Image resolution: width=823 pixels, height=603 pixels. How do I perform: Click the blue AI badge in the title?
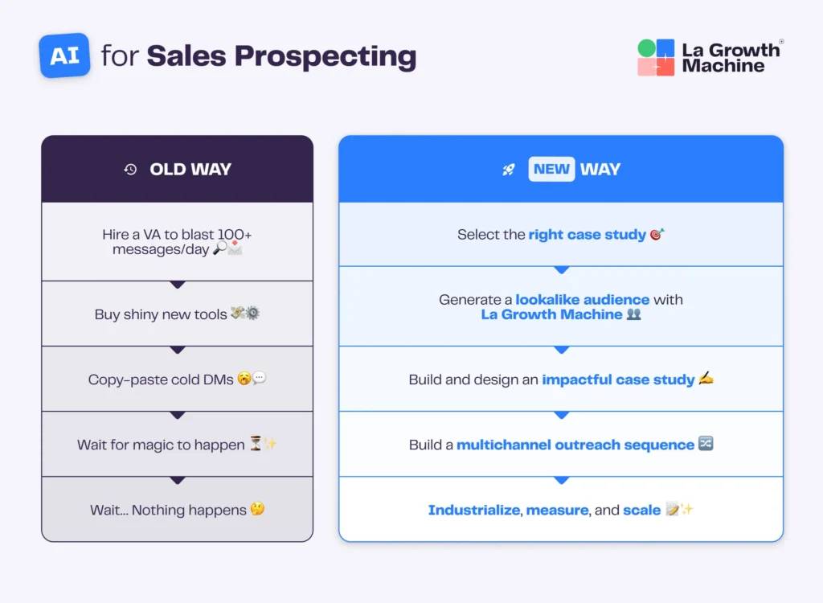64,55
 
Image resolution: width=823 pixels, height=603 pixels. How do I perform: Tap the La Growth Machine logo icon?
656,58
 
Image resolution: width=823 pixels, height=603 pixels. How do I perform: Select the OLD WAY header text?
190,169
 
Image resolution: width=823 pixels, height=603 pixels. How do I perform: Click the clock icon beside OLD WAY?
130,169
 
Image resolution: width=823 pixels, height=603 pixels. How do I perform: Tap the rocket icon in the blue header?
509,170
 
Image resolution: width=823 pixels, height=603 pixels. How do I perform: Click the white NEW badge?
551,169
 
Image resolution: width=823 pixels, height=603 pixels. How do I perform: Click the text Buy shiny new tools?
161,314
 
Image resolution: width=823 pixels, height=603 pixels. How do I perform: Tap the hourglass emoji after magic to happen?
256,445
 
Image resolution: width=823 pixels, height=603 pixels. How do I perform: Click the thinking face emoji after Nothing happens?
257,510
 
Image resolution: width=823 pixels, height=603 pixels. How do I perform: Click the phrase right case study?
587,235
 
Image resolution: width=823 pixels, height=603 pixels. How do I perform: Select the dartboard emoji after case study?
657,235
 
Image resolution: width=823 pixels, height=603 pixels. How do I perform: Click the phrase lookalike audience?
582,300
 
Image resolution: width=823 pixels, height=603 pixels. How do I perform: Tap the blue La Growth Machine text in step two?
551,314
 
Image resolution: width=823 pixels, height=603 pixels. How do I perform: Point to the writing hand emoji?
706,379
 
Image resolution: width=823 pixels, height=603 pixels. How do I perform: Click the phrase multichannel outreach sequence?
575,445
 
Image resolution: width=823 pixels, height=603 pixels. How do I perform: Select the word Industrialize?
473,510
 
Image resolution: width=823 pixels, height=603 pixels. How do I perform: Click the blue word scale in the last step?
641,510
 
